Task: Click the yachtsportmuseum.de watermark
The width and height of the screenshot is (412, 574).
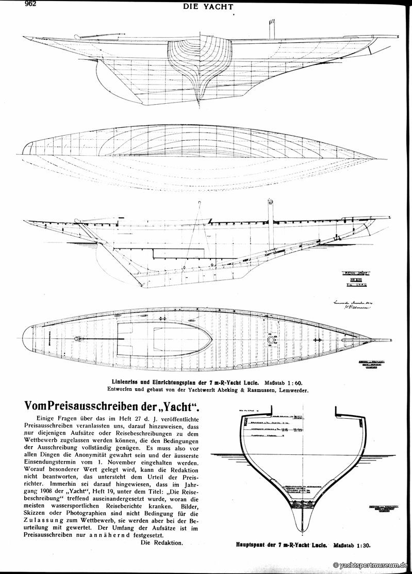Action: click(370, 566)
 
